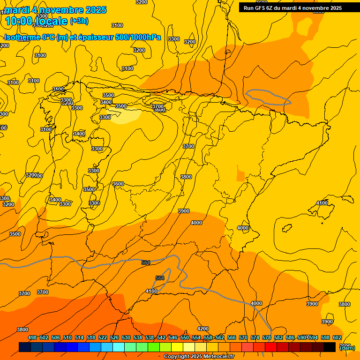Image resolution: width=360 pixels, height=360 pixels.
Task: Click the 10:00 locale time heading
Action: (37, 21)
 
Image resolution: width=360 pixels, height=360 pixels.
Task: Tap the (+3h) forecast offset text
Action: (79, 21)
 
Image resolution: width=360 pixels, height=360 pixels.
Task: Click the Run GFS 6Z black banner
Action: (292, 8)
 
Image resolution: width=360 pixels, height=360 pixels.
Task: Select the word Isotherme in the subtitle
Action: (22, 37)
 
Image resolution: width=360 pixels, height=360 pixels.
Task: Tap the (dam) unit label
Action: (347, 348)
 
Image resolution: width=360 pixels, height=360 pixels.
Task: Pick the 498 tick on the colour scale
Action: (32, 337)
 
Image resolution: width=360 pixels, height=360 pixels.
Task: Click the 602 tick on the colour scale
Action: (337, 337)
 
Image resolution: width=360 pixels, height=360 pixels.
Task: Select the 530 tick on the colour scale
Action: (126, 337)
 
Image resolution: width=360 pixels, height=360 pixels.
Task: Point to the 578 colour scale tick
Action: (267, 337)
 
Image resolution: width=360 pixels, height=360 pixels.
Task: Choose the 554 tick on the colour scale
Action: (196, 337)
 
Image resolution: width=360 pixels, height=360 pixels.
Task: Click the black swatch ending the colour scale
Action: (330, 347)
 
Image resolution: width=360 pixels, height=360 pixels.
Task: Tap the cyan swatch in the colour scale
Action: (119, 347)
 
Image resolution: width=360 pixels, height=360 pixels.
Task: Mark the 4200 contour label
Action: (203, 329)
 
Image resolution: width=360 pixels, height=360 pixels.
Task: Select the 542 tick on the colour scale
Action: (161, 337)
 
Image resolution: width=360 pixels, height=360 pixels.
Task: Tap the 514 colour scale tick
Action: (79, 337)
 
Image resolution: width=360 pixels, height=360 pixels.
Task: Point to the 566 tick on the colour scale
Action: (232, 337)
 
